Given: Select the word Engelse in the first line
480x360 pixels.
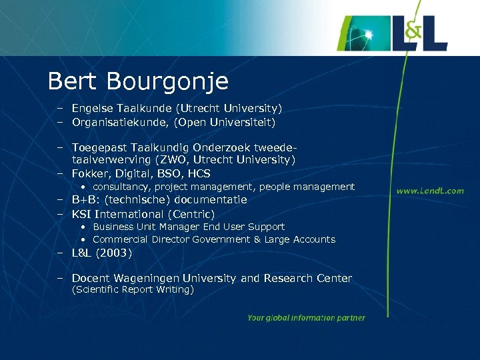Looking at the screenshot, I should point(91,108).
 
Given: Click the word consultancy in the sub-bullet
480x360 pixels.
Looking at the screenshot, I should point(121,187).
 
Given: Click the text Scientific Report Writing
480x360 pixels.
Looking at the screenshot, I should point(133,290).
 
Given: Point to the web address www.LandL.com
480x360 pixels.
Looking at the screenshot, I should point(430,191).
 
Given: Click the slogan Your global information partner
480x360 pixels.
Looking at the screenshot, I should point(306,318).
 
